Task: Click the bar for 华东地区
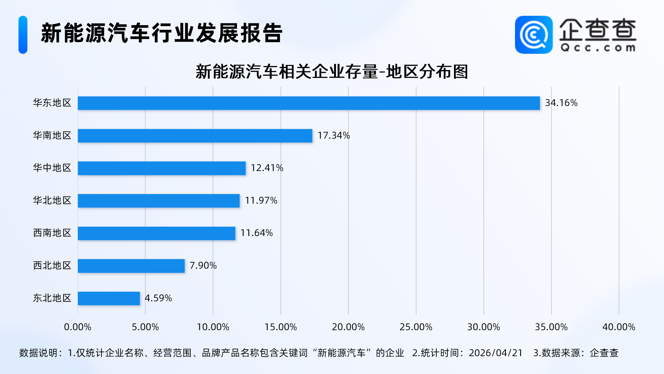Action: coord(309,103)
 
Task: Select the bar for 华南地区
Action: coord(195,136)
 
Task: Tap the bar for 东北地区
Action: coord(109,298)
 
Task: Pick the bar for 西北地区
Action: coord(131,266)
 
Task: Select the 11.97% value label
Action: coord(261,201)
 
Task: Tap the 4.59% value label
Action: coord(158,298)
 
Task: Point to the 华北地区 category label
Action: coord(52,201)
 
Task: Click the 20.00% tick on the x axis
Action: coord(348,327)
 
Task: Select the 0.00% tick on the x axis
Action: coord(78,327)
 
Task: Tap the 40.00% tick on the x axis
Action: coord(619,327)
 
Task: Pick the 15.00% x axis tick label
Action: coord(281,327)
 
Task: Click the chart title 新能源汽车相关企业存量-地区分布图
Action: coord(332,71)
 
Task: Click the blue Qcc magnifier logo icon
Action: coord(533,35)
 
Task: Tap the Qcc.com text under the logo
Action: coord(598,48)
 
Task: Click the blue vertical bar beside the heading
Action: coord(23,35)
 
